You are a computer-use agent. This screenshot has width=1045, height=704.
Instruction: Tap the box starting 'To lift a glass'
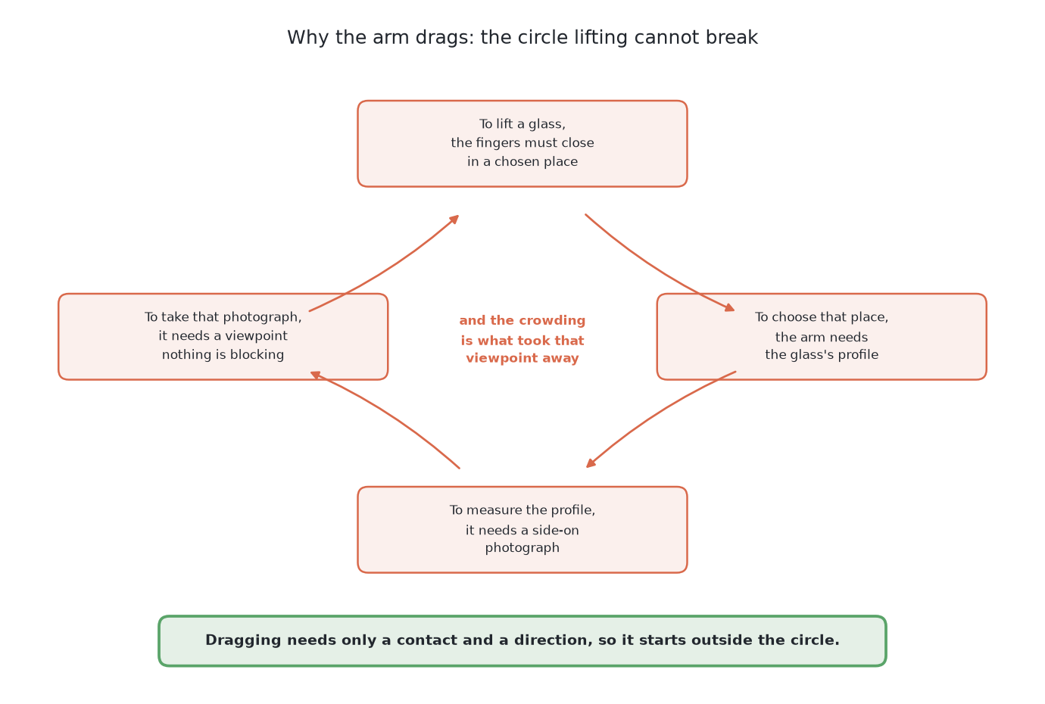click(522, 144)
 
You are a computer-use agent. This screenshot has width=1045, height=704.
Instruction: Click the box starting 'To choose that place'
click(822, 337)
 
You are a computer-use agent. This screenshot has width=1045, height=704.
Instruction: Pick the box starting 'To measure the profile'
click(522, 530)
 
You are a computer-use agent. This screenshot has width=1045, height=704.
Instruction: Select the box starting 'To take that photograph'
click(223, 337)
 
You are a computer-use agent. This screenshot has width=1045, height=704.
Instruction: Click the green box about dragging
click(522, 641)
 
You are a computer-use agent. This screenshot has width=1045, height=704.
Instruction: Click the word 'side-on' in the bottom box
click(555, 530)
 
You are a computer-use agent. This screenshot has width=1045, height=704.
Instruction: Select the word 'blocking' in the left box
click(257, 355)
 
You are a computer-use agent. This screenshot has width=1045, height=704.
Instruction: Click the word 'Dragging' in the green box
click(244, 640)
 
